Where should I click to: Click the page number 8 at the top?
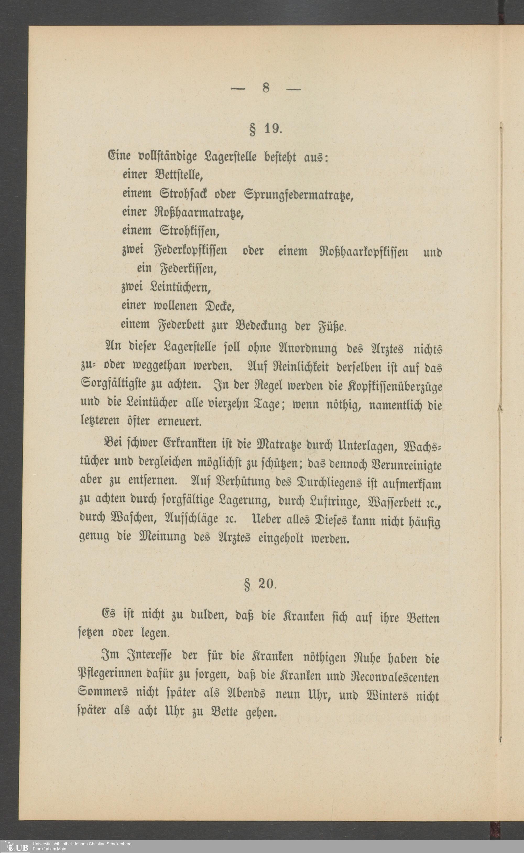click(266, 88)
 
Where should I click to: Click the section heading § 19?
click(266, 129)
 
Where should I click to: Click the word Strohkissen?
click(190, 231)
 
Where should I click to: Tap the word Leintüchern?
click(181, 287)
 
